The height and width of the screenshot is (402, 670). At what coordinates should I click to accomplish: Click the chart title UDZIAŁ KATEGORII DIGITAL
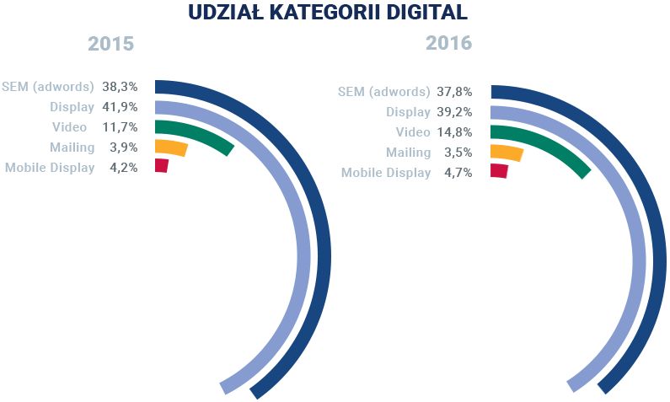pos(335,13)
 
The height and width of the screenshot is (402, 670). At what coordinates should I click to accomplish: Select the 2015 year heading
pos(111,43)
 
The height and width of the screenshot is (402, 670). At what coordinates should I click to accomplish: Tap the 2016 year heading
pos(448,43)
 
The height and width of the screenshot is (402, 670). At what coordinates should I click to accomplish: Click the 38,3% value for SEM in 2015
pos(121,87)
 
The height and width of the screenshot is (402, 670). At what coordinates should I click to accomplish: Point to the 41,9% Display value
pos(121,107)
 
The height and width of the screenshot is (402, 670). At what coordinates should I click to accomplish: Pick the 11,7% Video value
pos(121,127)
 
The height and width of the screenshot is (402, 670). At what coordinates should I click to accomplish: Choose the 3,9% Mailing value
pos(124,147)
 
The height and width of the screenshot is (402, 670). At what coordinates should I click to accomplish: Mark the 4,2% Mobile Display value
pos(124,167)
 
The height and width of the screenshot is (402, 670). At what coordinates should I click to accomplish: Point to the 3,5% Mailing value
pos(459,153)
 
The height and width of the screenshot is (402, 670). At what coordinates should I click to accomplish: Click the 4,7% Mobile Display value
pos(459,173)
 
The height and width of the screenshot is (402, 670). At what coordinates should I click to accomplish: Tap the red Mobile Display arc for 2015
pos(162,166)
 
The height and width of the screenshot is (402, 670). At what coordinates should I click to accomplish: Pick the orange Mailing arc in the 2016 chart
pos(507,153)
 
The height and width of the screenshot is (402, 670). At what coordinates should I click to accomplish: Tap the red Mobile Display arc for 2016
pos(499,171)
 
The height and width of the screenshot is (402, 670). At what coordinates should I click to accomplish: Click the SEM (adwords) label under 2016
pos(383,92)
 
